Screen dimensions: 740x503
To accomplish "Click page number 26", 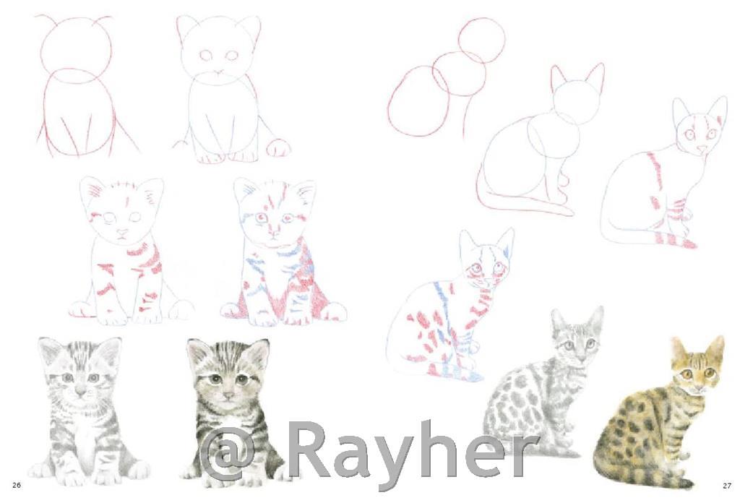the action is [17, 485].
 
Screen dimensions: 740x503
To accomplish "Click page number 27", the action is [727, 485].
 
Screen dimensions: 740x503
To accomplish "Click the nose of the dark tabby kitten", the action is [228, 395].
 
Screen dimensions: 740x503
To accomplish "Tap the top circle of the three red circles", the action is [481, 40].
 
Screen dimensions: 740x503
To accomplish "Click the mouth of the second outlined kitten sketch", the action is [218, 73].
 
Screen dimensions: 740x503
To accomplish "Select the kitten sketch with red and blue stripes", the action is [283, 252].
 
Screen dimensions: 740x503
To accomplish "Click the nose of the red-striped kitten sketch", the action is [122, 232].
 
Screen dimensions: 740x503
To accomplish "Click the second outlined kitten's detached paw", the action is [278, 147].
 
